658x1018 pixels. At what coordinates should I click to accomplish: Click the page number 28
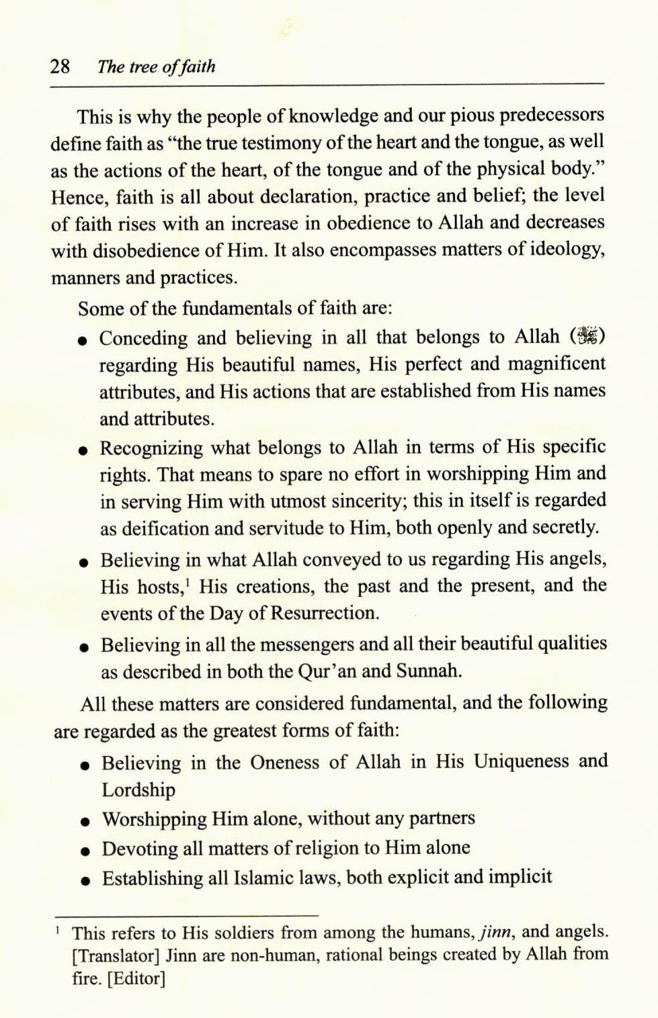click(60, 67)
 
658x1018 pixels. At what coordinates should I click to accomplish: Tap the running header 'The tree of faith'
click(156, 67)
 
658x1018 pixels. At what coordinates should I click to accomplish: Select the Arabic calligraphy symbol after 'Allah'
click(587, 336)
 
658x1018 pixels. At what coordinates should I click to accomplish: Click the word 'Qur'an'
click(327, 671)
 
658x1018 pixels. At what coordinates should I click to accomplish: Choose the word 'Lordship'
click(138, 790)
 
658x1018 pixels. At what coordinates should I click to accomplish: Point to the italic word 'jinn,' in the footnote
click(497, 933)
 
